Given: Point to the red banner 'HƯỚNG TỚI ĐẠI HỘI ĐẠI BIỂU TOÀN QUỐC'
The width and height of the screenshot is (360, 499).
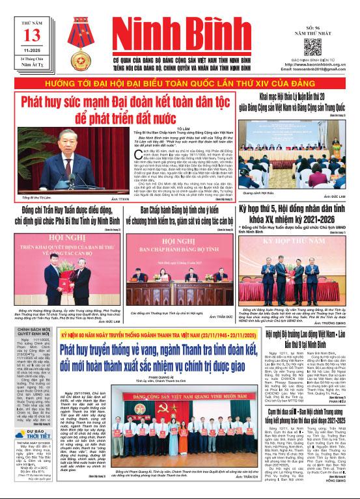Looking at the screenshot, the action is pos(180,84).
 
